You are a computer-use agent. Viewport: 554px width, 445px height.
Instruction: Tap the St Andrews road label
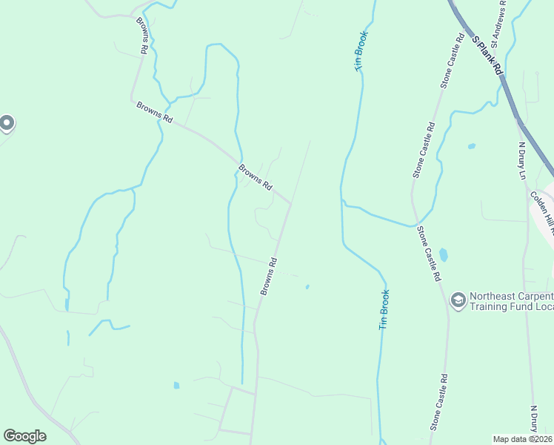503,26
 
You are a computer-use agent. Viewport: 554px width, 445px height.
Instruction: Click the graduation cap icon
458,299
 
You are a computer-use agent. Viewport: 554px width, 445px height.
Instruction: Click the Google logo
24,436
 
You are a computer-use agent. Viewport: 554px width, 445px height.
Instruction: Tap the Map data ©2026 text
523,439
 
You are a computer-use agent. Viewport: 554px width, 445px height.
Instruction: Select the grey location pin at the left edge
7,122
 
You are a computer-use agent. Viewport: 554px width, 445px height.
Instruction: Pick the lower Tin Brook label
384,309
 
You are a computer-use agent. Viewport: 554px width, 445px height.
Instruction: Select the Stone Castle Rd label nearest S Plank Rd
453,61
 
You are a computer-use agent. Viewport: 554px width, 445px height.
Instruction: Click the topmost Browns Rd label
141,35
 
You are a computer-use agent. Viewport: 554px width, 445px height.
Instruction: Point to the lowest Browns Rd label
268,276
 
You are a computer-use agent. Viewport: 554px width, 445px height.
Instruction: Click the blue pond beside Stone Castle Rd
444,254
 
